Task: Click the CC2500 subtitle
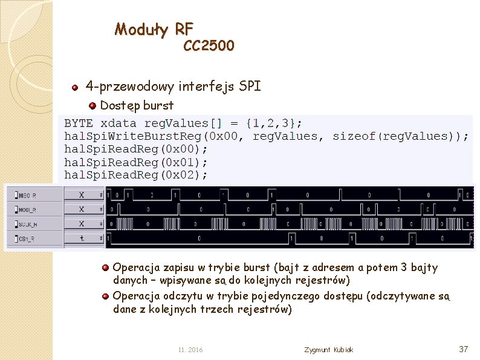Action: pyautogui.click(x=209, y=46)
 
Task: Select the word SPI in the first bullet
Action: pyautogui.click(x=250, y=87)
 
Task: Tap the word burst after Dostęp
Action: pyautogui.click(x=159, y=106)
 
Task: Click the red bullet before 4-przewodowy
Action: pyautogui.click(x=75, y=88)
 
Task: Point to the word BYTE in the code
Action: pyautogui.click(x=79, y=123)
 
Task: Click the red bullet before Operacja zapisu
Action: pyautogui.click(x=105, y=267)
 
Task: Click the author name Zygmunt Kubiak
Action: pyautogui.click(x=329, y=350)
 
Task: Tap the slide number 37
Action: pyautogui.click(x=464, y=349)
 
